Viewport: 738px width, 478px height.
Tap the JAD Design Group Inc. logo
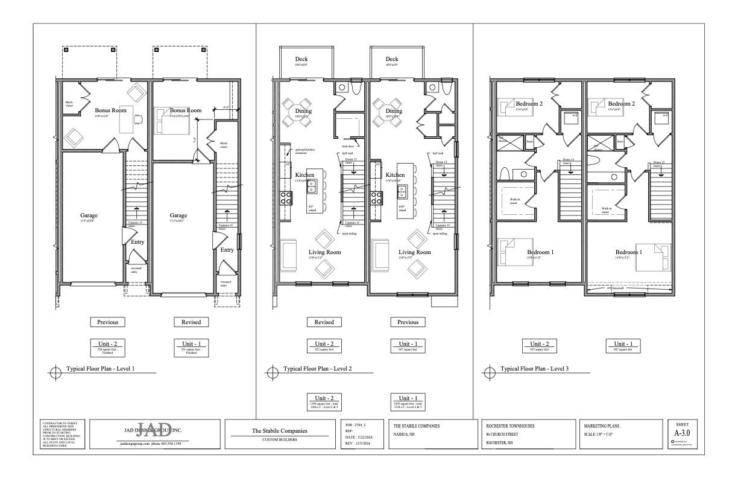(151, 430)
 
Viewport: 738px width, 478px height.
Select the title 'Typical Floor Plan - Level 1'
(99, 369)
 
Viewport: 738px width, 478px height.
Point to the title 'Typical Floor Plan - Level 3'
(534, 369)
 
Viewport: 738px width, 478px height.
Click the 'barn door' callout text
(348, 146)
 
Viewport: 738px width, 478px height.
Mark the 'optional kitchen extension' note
(305, 151)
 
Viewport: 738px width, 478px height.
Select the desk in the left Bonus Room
(125, 122)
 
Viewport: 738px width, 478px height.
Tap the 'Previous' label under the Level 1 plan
(107, 322)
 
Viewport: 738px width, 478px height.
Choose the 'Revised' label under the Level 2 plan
(324, 322)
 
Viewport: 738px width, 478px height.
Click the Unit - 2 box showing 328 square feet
(107, 346)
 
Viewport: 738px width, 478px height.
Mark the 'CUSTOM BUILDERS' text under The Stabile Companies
(279, 439)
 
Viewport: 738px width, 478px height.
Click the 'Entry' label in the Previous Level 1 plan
(137, 242)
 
